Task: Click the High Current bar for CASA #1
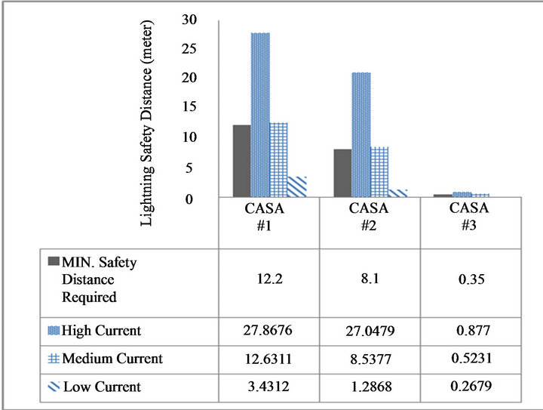[x=260, y=115]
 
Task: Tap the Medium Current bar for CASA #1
[x=278, y=159]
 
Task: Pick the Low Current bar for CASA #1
[x=297, y=187]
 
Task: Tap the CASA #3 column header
[x=468, y=214]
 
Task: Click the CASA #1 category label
[x=268, y=214]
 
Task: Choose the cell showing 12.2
[x=268, y=279]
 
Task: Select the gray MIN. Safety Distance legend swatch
[x=53, y=262]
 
